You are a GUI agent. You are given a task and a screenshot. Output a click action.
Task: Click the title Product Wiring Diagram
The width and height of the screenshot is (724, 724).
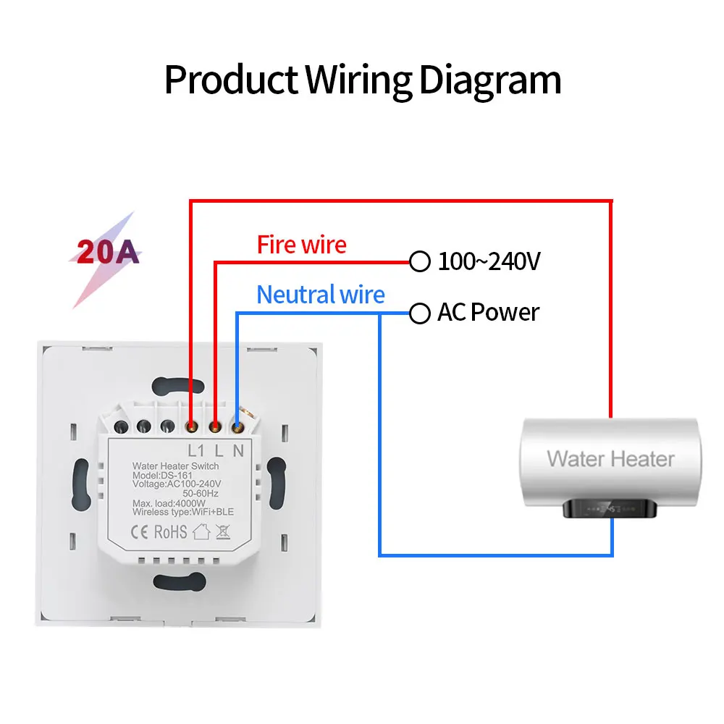362,80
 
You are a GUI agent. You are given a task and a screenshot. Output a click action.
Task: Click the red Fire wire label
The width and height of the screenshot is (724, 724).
302,245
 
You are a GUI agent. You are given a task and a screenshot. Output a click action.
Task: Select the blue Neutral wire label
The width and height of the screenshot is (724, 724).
321,295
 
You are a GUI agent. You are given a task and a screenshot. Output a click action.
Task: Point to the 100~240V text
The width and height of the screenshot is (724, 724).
489,261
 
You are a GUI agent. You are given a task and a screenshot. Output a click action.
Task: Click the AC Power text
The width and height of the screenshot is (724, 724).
488,313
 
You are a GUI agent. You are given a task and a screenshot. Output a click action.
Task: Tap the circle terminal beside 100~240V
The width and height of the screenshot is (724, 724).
419,261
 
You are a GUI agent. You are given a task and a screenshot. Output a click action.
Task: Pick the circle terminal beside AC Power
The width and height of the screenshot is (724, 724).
419,313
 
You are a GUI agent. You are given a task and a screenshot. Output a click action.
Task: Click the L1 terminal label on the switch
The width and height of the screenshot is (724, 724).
197,449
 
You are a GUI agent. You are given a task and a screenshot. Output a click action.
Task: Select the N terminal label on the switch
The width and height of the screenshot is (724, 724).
237,449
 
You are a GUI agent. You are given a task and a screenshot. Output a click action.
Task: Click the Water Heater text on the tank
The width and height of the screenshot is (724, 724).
610,458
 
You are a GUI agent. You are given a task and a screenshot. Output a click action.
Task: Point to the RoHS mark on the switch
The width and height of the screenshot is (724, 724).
171,532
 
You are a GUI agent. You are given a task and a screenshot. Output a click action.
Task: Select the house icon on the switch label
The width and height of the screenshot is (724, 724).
201,532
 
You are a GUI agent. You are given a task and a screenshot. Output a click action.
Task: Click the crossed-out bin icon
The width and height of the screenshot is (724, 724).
223,532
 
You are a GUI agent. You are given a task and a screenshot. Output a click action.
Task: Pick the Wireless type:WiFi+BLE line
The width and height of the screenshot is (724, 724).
182,513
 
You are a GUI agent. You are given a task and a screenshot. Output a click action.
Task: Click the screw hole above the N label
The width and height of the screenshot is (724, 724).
238,427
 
